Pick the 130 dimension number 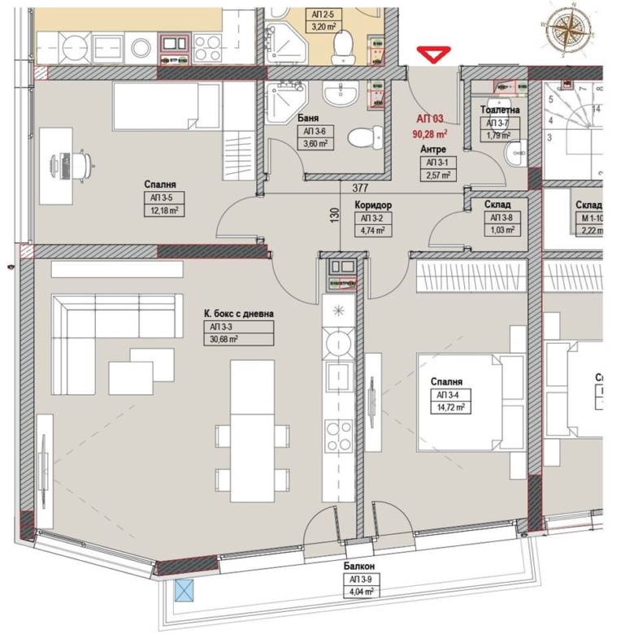pos(334,216)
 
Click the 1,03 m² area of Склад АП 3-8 pos(500,230)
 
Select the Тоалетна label pos(500,110)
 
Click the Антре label pos(433,150)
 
